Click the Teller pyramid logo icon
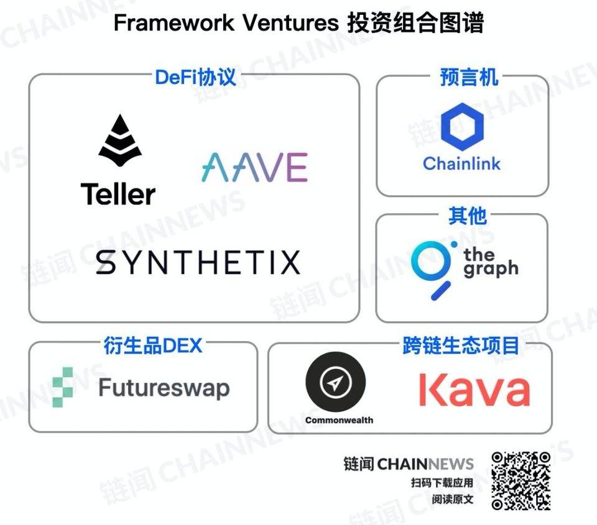click(120, 141)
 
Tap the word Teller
click(118, 194)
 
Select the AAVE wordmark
click(255, 167)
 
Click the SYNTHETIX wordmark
click(198, 262)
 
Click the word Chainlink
click(461, 163)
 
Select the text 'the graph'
click(491, 262)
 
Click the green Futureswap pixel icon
click(63, 387)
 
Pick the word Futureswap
click(164, 388)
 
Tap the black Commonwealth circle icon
click(335, 382)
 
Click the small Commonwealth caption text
click(339, 420)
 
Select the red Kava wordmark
click(474, 390)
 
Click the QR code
click(521, 481)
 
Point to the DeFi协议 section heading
click(195, 77)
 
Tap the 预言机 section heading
click(469, 77)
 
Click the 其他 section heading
click(467, 216)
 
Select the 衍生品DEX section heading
click(153, 345)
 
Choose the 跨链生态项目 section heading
click(461, 345)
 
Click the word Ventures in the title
click(290, 22)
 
